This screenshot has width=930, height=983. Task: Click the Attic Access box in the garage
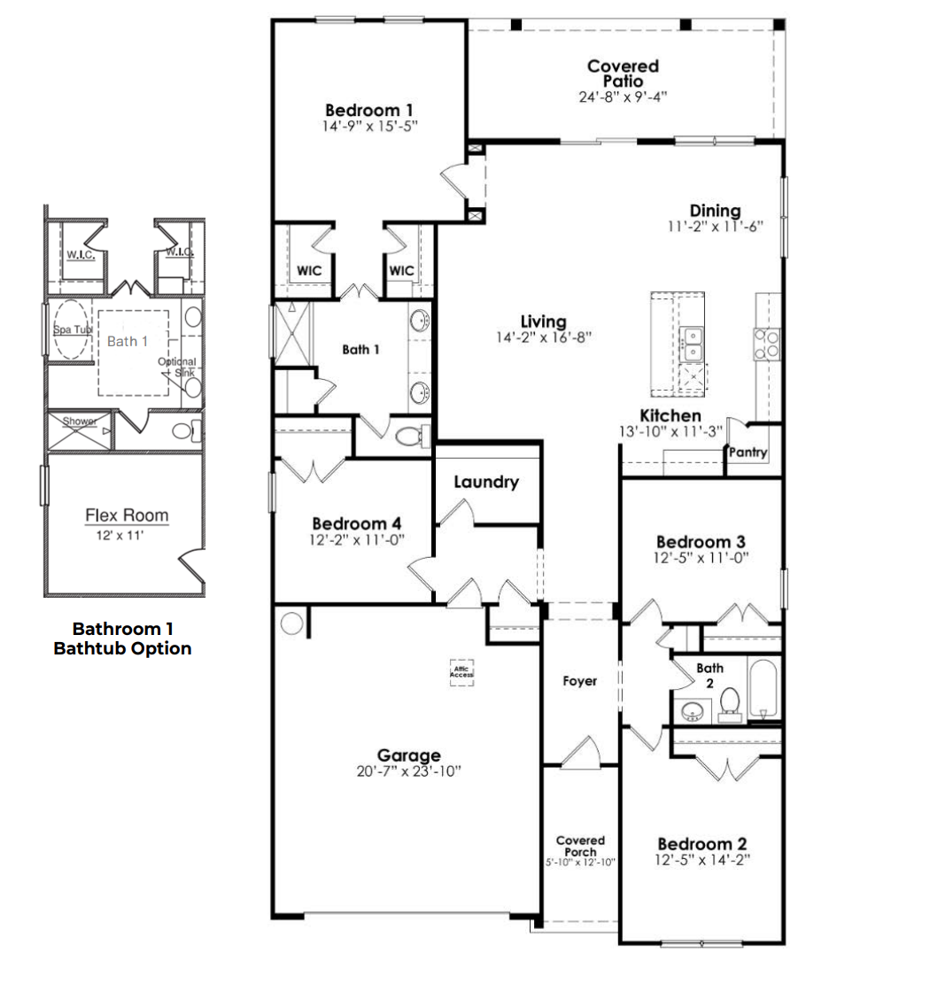461,673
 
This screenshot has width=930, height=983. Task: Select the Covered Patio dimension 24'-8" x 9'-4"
623,96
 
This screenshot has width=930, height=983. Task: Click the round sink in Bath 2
693,710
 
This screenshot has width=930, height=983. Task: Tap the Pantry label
748,453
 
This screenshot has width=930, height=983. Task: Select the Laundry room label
485,482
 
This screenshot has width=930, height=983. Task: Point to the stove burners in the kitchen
767,344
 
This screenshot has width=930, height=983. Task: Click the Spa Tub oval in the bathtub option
72,329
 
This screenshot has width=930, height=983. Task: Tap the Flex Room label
127,515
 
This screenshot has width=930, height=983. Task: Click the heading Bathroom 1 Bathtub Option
122,639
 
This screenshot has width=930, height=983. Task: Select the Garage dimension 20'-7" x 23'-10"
408,771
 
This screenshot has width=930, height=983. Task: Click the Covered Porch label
580,846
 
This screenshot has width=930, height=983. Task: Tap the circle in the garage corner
291,623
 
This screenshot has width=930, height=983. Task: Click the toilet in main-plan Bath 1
409,437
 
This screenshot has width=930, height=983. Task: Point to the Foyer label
580,681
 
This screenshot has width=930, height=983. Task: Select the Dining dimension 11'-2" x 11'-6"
715,227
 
